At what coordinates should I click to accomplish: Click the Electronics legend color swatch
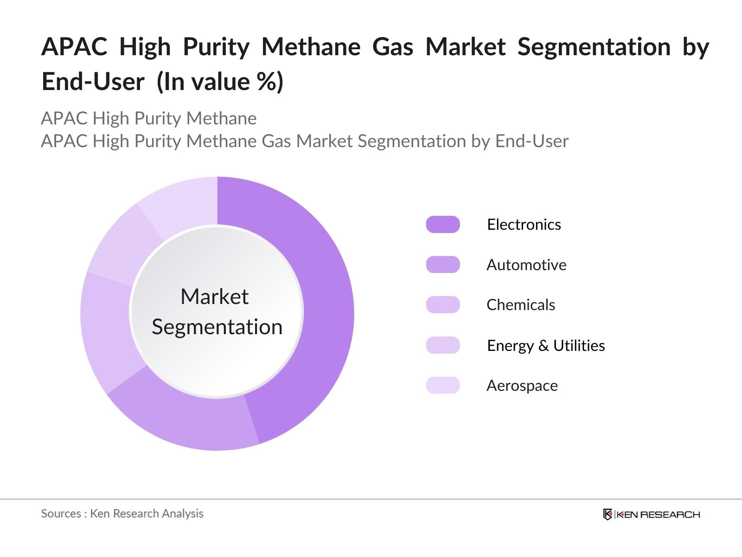[443, 225]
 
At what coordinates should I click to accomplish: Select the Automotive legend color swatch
[443, 265]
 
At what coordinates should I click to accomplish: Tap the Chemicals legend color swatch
[443, 305]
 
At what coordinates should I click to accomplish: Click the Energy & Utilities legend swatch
[443, 345]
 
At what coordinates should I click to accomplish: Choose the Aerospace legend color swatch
[443, 385]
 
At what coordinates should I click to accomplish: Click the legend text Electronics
[524, 225]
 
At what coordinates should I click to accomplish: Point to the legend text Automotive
[526, 265]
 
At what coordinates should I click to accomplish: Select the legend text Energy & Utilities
[546, 346]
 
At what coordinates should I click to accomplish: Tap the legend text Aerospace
[522, 386]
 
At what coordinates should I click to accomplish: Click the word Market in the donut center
[215, 297]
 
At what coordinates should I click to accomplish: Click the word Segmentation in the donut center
[217, 327]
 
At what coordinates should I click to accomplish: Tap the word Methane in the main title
[311, 47]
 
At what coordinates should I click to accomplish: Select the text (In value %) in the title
[220, 82]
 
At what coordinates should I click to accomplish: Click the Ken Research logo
[651, 514]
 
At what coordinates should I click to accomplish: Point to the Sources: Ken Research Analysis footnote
[122, 513]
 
